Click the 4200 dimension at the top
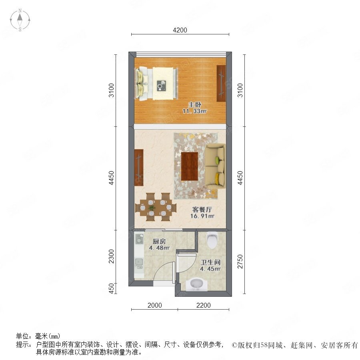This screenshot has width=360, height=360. click(x=180, y=30)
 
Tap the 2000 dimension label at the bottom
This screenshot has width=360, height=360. click(x=154, y=305)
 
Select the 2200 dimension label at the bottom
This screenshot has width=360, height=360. click(x=204, y=305)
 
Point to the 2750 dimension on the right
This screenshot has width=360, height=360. click(x=240, y=261)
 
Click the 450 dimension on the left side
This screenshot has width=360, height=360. click(x=111, y=288)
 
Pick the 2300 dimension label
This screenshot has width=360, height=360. click(x=111, y=256)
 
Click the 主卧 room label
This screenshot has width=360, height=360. click(x=195, y=105)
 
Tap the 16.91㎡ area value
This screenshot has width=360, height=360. click(x=202, y=216)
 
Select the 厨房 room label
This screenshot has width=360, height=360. click(x=159, y=241)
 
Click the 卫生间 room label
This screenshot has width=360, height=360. click(x=210, y=262)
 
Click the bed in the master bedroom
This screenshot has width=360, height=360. click(x=157, y=83)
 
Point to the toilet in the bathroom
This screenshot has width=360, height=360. click(x=212, y=240)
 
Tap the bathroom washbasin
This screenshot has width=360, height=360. click(x=196, y=284)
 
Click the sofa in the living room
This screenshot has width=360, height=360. click(x=215, y=166)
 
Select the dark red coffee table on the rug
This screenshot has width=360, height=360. click(x=190, y=166)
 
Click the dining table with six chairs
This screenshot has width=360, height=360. click(x=156, y=207)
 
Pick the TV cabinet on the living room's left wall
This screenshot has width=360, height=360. click(x=139, y=167)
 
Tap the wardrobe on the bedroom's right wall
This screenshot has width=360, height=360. click(x=221, y=83)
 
